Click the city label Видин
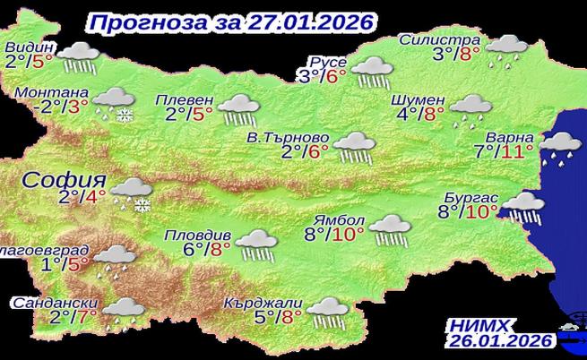tap(30, 47)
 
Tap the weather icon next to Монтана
tap(113, 102)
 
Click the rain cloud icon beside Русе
tap(368, 71)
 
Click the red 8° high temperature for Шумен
tap(435, 114)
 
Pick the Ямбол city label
tap(335, 221)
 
